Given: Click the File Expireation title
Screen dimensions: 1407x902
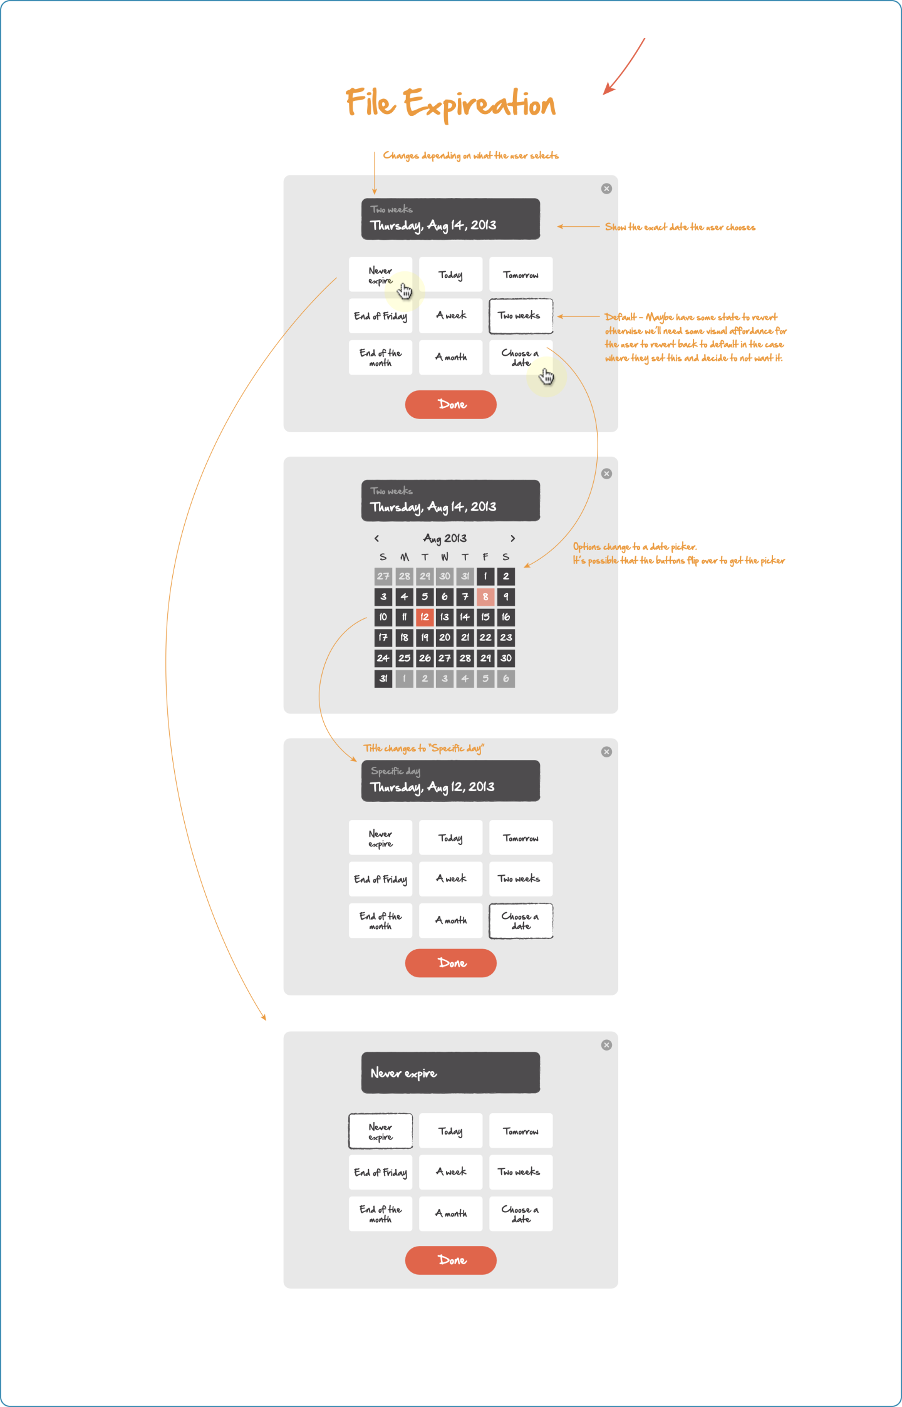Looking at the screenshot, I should pos(450,103).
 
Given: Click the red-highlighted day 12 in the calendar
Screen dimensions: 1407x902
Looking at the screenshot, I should pos(425,617).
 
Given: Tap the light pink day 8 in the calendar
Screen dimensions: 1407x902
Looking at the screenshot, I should pos(485,597).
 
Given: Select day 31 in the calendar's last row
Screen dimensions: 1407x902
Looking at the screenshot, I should pos(383,678).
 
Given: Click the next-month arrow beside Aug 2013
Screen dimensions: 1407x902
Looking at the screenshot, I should pos(512,539).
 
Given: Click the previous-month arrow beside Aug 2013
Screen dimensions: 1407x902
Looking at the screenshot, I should pos(376,539).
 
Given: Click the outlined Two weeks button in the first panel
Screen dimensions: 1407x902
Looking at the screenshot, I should pos(521,316).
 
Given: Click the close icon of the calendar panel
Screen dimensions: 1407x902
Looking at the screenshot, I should pos(606,474).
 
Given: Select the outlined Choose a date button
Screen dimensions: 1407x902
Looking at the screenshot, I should pos(521,921).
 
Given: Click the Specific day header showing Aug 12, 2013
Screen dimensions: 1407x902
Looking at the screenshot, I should pos(450,781).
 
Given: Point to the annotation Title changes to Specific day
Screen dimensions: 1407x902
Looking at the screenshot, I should pos(423,749).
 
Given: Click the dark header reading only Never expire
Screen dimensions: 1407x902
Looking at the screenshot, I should pos(450,1072).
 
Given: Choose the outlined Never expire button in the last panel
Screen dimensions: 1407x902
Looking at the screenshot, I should pos(380,1131).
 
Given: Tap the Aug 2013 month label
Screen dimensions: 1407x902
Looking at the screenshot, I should pos(445,539).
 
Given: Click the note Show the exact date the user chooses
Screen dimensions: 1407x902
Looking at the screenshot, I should pos(680,227).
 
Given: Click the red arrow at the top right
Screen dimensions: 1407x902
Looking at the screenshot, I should pos(623,67).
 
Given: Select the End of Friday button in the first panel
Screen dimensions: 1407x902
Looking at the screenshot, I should pos(380,316).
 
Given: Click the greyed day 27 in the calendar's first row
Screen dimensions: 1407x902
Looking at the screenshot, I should pos(383,576).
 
